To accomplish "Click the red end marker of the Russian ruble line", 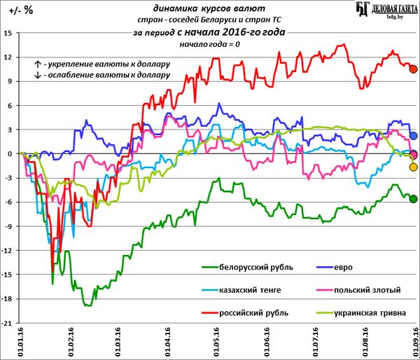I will point(413,69).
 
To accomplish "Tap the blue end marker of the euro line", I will point(413,136).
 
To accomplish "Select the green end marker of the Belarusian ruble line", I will point(413,199).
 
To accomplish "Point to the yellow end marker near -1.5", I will point(413,167).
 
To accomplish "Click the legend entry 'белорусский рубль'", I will point(255,268).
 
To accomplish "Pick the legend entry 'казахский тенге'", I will point(251,290).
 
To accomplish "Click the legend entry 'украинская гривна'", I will point(377,312).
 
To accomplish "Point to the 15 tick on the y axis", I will point(8,33).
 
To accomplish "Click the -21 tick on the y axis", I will point(6,324).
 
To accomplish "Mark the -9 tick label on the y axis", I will point(8,227).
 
